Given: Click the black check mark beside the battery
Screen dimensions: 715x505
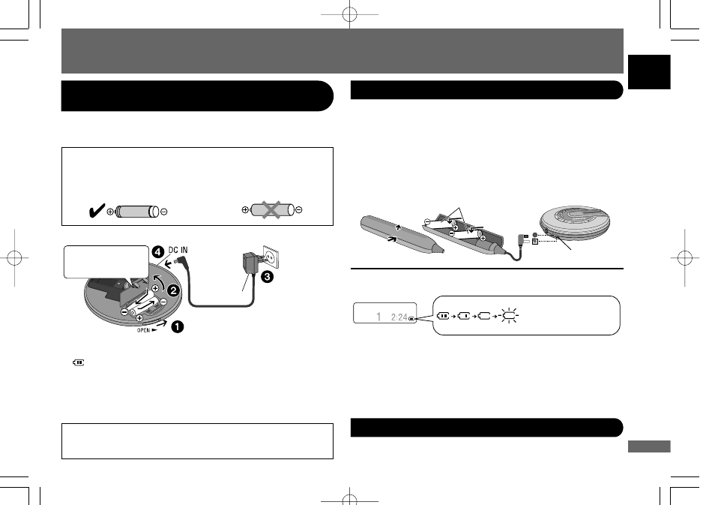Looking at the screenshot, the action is coord(97,211).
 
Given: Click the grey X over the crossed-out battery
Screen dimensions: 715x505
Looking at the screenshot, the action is coord(271,210).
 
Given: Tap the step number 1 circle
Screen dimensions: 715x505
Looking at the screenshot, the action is coord(177,326).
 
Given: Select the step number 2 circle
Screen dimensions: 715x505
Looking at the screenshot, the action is coord(174,290).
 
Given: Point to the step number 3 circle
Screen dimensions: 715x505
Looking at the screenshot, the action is coord(268,276).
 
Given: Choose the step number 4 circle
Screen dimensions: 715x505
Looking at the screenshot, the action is coord(158,251).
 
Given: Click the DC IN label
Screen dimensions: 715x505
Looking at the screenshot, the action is coord(178,250).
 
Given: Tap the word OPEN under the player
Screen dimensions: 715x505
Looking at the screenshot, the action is coord(144,330).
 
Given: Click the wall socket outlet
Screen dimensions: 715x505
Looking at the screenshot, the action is coord(271,257).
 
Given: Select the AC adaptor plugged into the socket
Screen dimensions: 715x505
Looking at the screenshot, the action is coord(249,264).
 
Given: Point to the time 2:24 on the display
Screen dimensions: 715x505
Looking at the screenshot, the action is coord(399,317).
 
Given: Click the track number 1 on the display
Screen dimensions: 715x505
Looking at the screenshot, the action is coord(378,317).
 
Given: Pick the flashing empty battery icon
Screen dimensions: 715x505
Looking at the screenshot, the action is coord(510,315).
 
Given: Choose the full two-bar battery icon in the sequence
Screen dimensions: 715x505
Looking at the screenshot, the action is coord(443,315).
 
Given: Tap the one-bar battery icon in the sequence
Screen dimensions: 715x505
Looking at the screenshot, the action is coord(464,315).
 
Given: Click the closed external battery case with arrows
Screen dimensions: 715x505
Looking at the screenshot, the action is coord(401,234).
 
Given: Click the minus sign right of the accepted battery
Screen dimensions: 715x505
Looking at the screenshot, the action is coord(164,212).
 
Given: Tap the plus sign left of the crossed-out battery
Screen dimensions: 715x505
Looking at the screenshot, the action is coord(245,210).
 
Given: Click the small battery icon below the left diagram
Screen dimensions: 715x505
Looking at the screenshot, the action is coord(79,363).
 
